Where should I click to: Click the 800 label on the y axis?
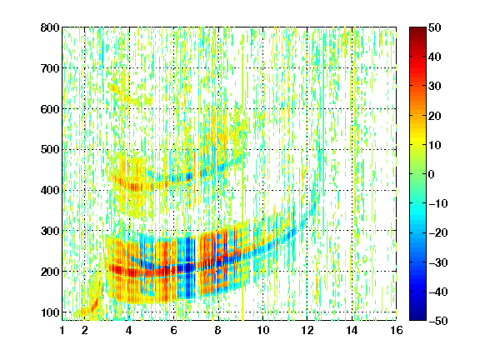(50, 27)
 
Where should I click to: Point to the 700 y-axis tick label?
(50, 68)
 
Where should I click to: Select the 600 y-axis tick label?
(50, 109)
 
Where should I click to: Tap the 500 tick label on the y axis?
(50, 150)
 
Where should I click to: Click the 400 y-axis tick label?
(50, 190)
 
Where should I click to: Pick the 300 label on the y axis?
(50, 231)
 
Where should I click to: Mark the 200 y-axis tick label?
(50, 272)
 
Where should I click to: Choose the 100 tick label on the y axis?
(50, 312)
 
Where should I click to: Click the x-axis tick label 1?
(62, 330)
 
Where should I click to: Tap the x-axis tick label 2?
(85, 330)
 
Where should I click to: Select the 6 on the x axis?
(174, 330)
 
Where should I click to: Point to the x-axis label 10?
(262, 330)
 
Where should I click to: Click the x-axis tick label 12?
(307, 330)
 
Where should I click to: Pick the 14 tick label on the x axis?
(352, 330)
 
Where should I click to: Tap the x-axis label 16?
(397, 330)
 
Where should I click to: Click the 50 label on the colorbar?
(434, 27)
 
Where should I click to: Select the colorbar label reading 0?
(432, 174)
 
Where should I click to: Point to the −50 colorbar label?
(438, 321)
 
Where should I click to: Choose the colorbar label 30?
(434, 87)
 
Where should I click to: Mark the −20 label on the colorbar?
(438, 232)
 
